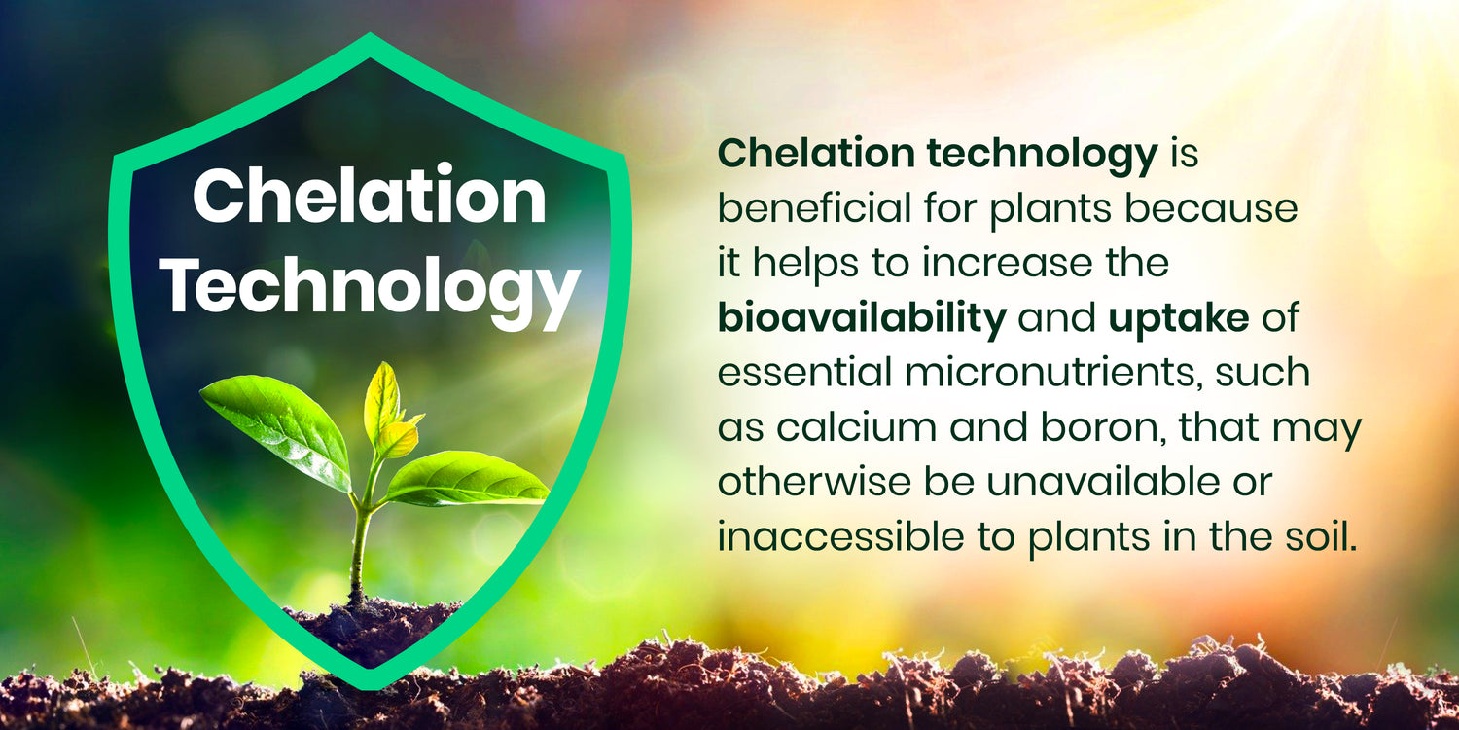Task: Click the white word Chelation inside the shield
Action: tap(370, 196)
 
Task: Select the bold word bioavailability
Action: tap(862, 319)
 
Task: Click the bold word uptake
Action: tap(1178, 320)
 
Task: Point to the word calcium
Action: tap(857, 427)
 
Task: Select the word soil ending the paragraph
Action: tap(1326, 536)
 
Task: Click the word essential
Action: tap(803, 374)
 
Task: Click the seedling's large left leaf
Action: tap(277, 429)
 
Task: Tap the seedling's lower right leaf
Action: tap(465, 481)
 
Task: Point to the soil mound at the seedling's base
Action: tap(373, 629)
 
